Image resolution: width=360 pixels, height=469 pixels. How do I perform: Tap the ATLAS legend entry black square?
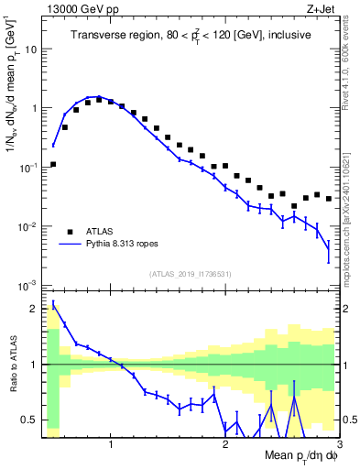pos(69,231)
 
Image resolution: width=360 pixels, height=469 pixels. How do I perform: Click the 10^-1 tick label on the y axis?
pos(29,168)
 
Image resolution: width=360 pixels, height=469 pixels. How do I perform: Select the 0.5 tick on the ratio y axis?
pos(30,420)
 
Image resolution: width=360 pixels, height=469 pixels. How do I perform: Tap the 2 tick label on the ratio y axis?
pos(34,308)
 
